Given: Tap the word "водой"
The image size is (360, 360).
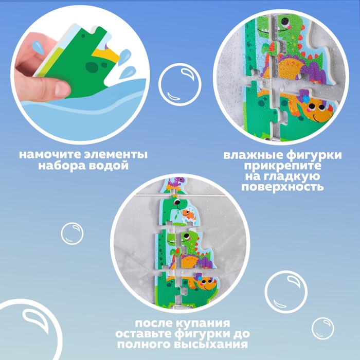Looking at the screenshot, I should [107, 166].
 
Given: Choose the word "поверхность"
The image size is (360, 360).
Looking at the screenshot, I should [283, 187].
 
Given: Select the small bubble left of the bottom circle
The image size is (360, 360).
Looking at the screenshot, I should [72, 233].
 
